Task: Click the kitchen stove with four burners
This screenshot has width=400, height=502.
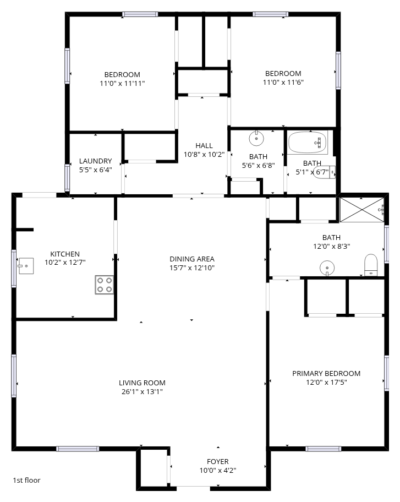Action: (x=105, y=285)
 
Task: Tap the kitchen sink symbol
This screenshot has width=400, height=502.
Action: (x=26, y=266)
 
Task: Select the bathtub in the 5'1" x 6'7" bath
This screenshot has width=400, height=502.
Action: (x=308, y=142)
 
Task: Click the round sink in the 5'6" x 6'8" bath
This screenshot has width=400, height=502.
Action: (x=256, y=138)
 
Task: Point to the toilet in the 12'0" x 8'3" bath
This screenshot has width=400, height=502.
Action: (x=371, y=265)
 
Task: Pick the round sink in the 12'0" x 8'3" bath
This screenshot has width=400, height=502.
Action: (x=327, y=268)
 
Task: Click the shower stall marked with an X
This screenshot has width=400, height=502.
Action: (x=361, y=210)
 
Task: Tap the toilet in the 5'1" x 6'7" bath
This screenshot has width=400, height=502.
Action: (x=324, y=172)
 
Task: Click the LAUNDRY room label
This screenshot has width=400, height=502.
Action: (x=95, y=161)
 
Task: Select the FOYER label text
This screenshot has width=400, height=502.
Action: (x=217, y=462)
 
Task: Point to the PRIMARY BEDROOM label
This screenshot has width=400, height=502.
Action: (x=326, y=374)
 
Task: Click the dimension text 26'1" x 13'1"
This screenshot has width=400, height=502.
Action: (x=142, y=391)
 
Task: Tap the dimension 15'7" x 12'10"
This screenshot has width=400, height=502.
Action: (x=192, y=268)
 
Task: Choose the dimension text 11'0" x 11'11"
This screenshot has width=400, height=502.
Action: (x=122, y=84)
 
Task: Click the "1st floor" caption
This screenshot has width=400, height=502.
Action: (x=26, y=480)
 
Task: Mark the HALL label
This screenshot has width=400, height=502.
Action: (x=204, y=146)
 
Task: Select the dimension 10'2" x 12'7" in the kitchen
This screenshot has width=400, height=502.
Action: (x=65, y=263)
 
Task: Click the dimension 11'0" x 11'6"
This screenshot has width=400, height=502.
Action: (x=283, y=82)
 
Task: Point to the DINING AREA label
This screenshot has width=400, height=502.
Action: (x=192, y=259)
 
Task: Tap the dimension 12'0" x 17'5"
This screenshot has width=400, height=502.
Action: (x=326, y=382)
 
